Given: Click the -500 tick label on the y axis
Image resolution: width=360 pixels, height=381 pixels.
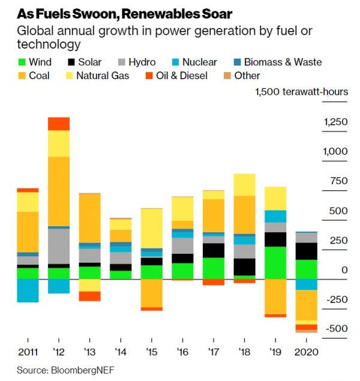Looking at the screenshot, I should [x=336, y=329].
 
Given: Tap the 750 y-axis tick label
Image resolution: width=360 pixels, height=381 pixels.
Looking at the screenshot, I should [x=340, y=181].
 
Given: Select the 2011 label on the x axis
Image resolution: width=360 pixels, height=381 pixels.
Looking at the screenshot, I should [x=28, y=352].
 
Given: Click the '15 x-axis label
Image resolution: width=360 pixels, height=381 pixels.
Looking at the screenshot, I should [x=152, y=352].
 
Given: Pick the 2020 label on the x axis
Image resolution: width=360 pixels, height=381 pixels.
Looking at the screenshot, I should [x=306, y=352].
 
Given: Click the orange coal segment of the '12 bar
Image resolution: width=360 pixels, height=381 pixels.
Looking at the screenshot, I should [x=59, y=191].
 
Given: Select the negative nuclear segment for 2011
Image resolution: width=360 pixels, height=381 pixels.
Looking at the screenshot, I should [x=28, y=290].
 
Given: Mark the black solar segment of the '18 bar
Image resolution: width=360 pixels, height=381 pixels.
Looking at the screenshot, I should [x=244, y=267].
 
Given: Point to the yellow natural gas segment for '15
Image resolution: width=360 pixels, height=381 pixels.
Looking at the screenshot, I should [x=152, y=228].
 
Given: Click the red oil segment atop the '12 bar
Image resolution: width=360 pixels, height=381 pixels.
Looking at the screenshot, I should [x=59, y=124].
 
